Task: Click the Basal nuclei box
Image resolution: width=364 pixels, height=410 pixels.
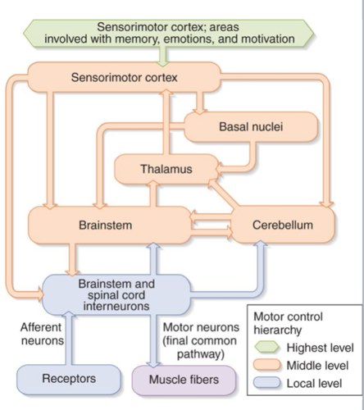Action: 251,127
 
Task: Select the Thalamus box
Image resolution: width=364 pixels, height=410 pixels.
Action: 166,169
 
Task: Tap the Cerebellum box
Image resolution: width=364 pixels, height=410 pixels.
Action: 283,225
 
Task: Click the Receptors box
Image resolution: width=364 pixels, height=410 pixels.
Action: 69,379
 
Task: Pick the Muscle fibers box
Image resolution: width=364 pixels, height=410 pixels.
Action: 184,380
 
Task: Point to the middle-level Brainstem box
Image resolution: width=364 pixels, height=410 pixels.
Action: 109,225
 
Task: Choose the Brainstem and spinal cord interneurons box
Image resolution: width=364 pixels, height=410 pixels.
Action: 116,294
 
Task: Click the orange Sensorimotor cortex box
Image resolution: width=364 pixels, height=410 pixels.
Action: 124,77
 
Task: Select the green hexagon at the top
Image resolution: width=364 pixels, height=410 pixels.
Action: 169,33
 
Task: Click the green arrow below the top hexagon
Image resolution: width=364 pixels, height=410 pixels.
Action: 163,56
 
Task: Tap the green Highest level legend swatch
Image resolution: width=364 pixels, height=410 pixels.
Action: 267,347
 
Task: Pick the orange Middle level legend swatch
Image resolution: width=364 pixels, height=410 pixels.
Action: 267,365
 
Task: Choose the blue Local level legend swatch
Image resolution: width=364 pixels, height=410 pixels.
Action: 267,382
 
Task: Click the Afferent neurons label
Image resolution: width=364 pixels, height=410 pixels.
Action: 42,334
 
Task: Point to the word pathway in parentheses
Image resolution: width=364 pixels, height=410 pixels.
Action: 201,354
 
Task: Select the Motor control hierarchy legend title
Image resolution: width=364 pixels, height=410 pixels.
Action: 288,323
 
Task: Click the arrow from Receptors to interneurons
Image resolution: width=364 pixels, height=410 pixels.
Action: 69,338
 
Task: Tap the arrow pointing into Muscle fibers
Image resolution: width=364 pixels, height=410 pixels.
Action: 153,341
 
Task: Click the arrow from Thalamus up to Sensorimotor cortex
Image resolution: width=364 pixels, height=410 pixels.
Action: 166,122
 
